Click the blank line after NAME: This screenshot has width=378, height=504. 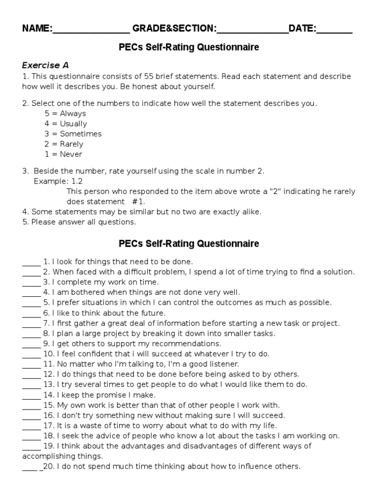tap(91, 30)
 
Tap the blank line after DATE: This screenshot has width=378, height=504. tap(335, 30)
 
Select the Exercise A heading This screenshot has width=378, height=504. tap(45, 65)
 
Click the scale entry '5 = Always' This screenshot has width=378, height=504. tap(65, 114)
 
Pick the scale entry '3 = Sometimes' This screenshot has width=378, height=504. tap(73, 134)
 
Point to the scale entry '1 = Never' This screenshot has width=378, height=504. tap(63, 155)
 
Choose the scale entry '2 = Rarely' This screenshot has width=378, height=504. tap(64, 144)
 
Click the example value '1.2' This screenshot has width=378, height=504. tap(77, 181)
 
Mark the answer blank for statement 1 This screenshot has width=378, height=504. tap(31, 262)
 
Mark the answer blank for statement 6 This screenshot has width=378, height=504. tap(31, 314)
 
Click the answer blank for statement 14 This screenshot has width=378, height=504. tap(31, 395)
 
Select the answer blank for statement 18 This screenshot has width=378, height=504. tap(31, 436)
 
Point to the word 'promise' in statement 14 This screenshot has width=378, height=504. tap(113, 395)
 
